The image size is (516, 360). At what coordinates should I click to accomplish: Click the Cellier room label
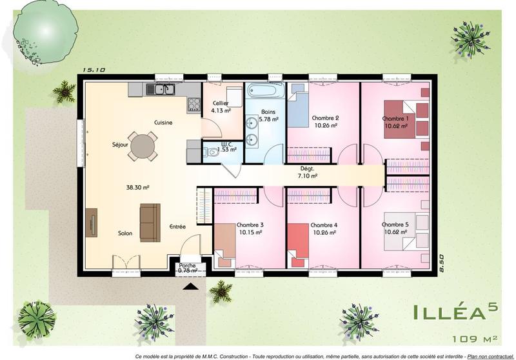tap(221, 103)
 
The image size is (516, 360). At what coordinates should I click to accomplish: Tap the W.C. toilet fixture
tap(210, 153)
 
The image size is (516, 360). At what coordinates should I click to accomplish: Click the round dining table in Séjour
tap(142, 146)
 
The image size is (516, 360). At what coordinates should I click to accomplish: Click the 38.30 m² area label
tap(137, 188)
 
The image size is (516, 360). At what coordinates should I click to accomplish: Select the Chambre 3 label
tap(250, 225)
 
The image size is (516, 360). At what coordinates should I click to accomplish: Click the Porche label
tap(187, 265)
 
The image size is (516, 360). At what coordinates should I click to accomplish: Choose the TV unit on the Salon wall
tap(92, 223)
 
